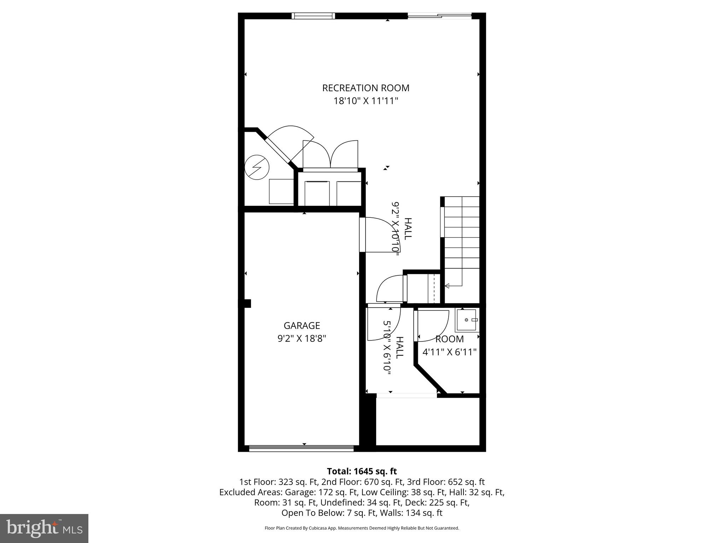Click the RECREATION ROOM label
pos(366,88)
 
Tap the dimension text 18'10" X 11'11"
pos(366,101)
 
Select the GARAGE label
pos(302,325)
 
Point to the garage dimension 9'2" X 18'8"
pos(302,339)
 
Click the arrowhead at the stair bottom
pos(447,286)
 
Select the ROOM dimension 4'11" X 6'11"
pos(450,352)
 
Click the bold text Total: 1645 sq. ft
pos(362,471)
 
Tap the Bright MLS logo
pos(44,528)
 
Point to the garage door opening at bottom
pos(302,448)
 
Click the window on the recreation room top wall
pos(313,16)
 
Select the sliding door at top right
pos(439,16)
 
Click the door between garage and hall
pos(378,235)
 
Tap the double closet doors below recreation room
pos(330,156)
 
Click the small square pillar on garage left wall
pos(247,303)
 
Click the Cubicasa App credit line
pos(362,528)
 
